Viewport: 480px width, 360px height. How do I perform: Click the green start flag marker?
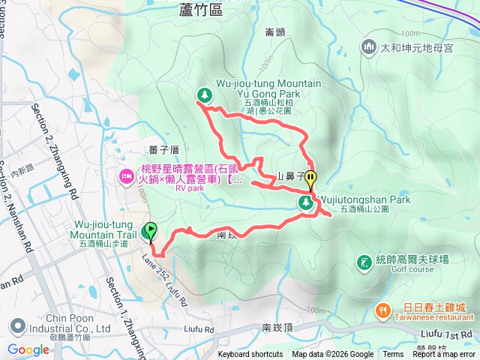click(x=151, y=231)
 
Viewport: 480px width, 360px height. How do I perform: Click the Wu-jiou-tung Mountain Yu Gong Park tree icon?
click(x=203, y=94)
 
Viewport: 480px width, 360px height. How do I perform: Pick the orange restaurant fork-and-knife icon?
click(x=382, y=310)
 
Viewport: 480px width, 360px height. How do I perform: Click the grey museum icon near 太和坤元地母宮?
click(x=368, y=48)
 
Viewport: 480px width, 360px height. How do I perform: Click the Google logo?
click(x=28, y=349)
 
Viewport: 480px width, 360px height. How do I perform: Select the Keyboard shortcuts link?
click(x=250, y=355)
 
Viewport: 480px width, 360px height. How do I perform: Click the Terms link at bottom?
click(x=393, y=355)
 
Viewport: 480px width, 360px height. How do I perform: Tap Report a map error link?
click(x=444, y=355)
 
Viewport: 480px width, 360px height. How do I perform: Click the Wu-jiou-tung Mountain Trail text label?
click(x=104, y=229)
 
